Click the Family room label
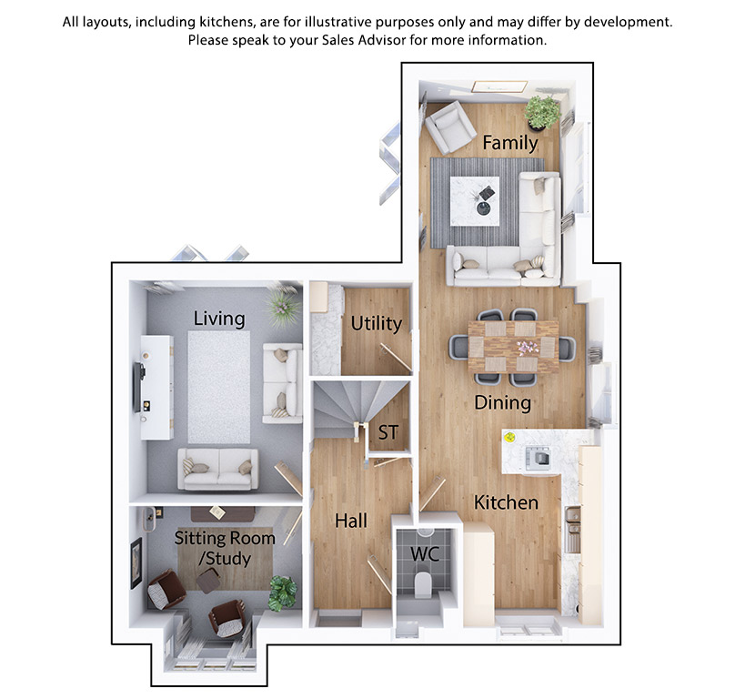tap(510, 143)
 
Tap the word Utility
tap(377, 324)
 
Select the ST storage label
tap(388, 432)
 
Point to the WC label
tap(425, 554)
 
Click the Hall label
tap(351, 521)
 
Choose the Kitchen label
tap(506, 502)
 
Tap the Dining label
tap(502, 403)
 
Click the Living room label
tap(219, 319)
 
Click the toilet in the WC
tap(423, 584)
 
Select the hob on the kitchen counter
tap(538, 458)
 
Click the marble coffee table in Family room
tap(474, 201)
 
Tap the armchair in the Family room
tap(449, 127)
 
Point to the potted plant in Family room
tap(542, 113)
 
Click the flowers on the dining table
tap(528, 348)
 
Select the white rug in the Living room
tap(219, 387)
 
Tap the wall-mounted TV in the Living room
tap(138, 387)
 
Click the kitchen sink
tap(572, 529)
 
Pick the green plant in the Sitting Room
tap(283, 593)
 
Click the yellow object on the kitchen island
tap(510, 438)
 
